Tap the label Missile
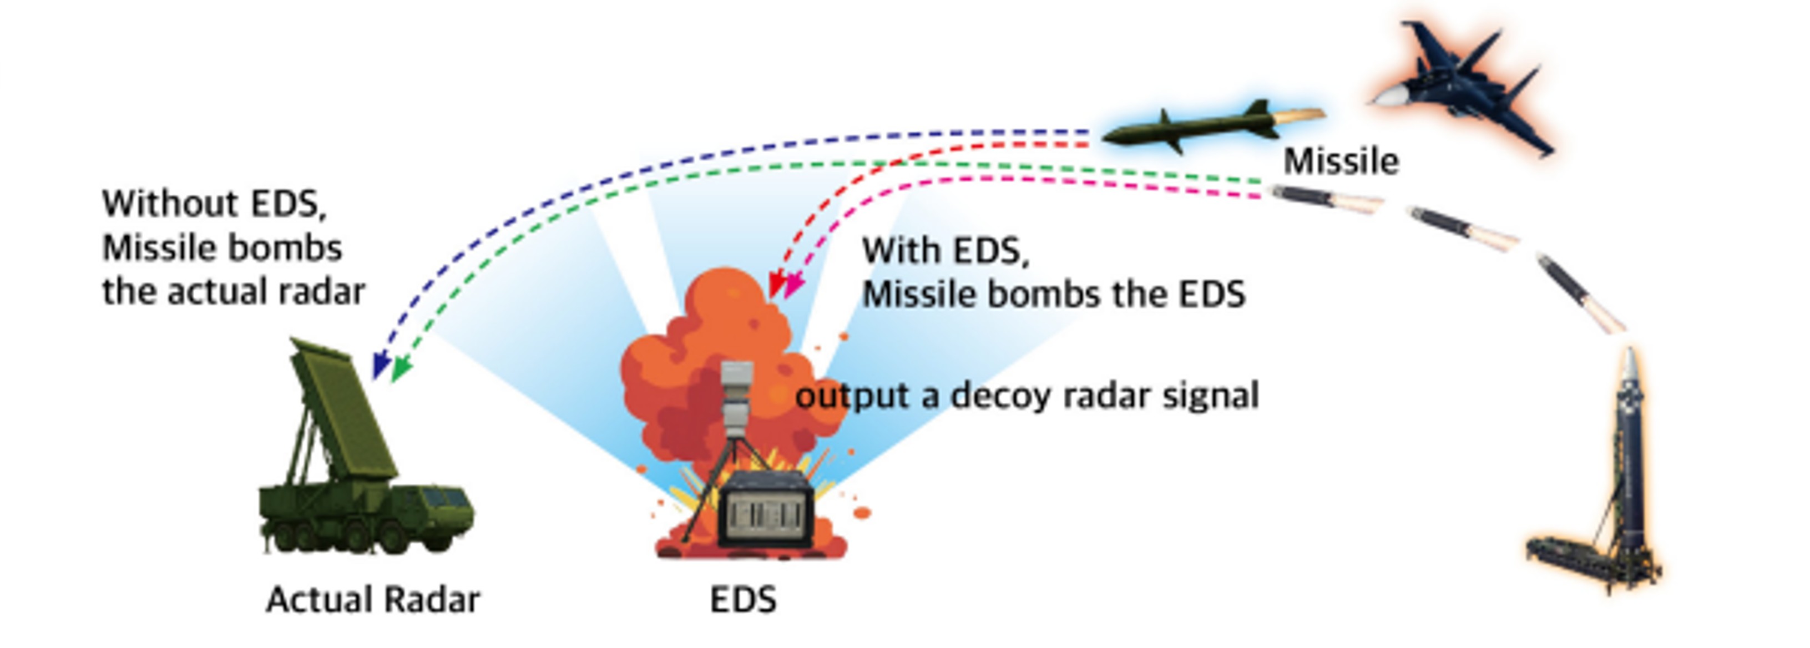(x=1341, y=161)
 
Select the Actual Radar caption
(x=373, y=600)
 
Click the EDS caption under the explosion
(x=744, y=600)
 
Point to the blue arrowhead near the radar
(x=381, y=366)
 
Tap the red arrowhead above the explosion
(x=776, y=285)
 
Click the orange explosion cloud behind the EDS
(x=689, y=366)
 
